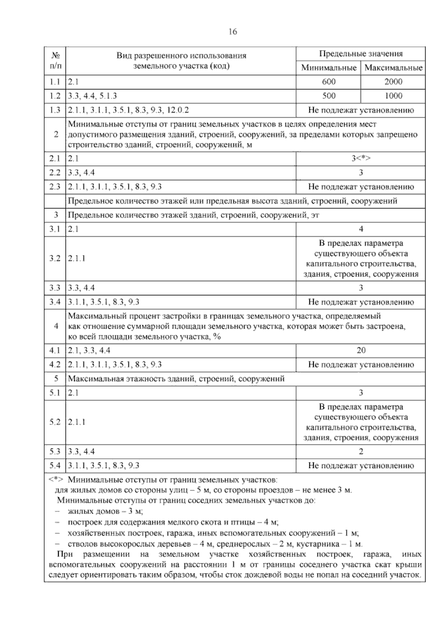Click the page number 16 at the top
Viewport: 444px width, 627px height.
click(x=232, y=31)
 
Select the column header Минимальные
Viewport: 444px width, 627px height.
click(x=329, y=68)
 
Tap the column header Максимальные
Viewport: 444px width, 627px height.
click(x=393, y=68)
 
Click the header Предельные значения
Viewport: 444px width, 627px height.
click(x=361, y=54)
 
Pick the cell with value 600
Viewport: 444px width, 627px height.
click(x=329, y=82)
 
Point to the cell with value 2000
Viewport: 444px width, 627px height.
click(x=393, y=82)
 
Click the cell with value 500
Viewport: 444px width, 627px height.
click(x=329, y=96)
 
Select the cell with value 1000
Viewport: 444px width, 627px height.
click(x=393, y=96)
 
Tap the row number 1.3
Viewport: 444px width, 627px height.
click(x=55, y=110)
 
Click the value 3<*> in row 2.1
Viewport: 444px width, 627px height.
click(x=361, y=159)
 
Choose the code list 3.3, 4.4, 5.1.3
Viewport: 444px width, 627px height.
click(x=92, y=96)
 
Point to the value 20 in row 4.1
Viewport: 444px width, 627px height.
click(x=361, y=350)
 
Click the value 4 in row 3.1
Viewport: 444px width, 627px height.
click(x=361, y=229)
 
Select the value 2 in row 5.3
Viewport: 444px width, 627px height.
click(x=361, y=451)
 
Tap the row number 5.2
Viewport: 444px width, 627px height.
click(x=55, y=422)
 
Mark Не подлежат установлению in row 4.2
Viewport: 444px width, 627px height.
click(x=361, y=365)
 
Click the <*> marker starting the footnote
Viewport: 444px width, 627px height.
click(x=56, y=480)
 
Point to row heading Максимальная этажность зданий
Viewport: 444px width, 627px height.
click(x=176, y=379)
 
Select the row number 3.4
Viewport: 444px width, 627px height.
click(x=55, y=302)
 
